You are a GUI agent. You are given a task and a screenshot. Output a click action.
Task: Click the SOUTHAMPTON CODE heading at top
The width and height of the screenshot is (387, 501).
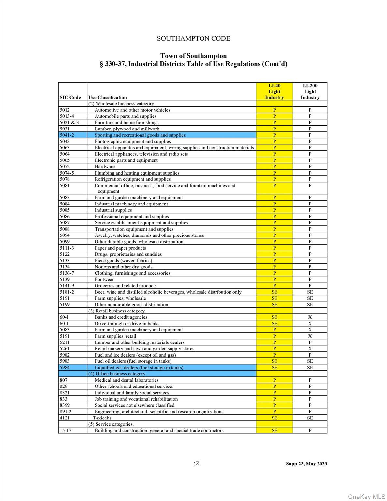(x=193, y=38)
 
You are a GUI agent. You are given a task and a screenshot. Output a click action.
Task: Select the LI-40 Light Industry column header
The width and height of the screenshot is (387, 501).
(x=274, y=92)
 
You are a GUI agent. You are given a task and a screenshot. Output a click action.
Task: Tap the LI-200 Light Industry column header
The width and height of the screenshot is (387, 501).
(x=310, y=92)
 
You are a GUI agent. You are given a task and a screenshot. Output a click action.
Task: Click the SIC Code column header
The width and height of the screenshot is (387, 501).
(x=70, y=97)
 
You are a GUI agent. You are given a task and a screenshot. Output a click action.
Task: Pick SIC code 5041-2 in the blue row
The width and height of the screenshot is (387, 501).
(x=67, y=135)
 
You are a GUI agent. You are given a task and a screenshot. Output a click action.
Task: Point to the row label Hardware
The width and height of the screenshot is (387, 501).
(x=105, y=166)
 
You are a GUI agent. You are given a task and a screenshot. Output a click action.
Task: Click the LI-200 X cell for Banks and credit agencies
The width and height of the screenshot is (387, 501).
(x=310, y=317)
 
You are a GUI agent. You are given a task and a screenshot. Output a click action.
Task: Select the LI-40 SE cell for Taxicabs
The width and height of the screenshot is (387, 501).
(x=274, y=418)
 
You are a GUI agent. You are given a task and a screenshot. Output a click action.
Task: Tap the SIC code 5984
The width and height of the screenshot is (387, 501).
(x=65, y=368)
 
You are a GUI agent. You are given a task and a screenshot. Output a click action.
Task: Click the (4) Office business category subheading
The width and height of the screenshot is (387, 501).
(x=117, y=374)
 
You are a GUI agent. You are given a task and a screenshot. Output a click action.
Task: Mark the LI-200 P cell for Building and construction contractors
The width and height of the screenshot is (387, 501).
(x=310, y=431)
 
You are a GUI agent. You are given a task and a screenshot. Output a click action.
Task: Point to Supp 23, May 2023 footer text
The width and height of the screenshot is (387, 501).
(x=306, y=464)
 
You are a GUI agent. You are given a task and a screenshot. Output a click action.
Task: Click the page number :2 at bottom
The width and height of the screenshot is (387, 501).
(x=196, y=463)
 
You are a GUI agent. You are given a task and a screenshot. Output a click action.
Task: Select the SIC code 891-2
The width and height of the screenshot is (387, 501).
(x=66, y=412)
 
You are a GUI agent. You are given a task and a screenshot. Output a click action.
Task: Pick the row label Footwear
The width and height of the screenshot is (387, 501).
(x=104, y=280)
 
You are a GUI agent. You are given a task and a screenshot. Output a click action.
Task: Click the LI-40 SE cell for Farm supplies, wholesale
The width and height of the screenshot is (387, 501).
(x=274, y=298)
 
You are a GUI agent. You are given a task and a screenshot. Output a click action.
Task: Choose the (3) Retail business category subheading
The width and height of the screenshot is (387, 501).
(x=117, y=311)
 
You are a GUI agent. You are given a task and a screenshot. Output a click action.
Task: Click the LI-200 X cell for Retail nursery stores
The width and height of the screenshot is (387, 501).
(x=310, y=349)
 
